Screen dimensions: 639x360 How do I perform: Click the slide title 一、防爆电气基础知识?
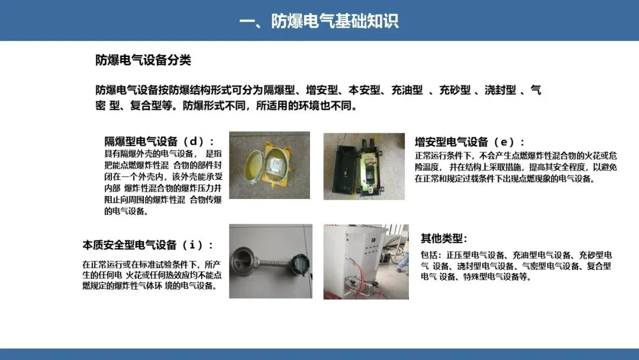[x=319, y=21]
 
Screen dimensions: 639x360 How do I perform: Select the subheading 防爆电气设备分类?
[x=143, y=60]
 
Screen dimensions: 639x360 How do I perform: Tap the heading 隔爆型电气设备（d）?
[x=159, y=142]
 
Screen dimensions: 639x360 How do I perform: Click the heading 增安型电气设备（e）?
[x=469, y=142]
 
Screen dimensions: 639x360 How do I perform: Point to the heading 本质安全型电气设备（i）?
[x=148, y=245]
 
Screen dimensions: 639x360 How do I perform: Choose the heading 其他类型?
[x=444, y=238]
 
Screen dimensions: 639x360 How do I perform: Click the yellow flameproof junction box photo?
[x=269, y=165]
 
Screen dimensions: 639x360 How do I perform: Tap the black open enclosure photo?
[x=364, y=166]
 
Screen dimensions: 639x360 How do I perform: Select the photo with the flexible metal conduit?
[x=270, y=261]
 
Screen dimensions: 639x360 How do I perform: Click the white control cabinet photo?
[x=366, y=262]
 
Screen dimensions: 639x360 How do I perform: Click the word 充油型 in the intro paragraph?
[x=407, y=90]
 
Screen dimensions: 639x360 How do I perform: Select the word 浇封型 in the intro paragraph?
[x=501, y=90]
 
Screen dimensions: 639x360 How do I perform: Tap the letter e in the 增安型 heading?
[x=504, y=143]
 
